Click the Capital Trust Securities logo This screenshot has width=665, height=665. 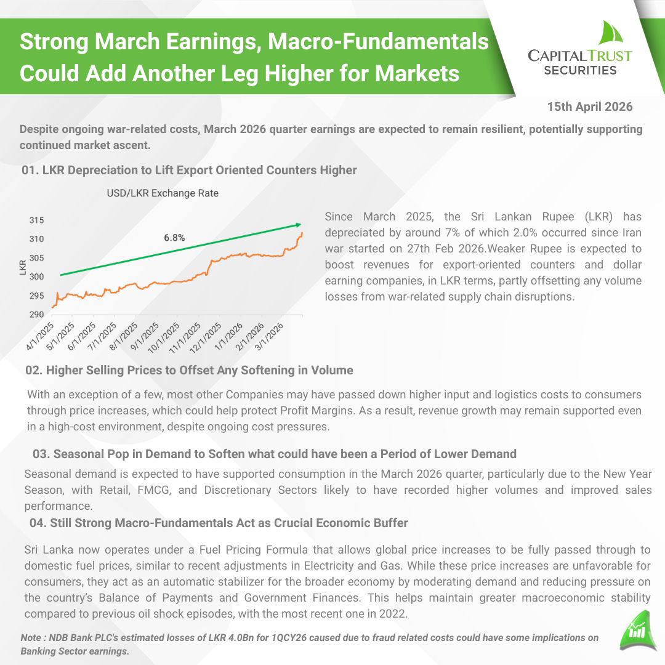pos(579,50)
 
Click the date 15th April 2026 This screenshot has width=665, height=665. pos(589,107)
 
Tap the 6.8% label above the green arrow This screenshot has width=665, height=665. pos(174,237)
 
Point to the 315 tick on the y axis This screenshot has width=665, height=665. pos(37,220)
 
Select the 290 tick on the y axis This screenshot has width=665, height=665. pos(37,315)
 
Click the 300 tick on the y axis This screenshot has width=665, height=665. pos(37,276)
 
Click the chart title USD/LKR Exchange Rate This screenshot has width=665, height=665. pos(163,193)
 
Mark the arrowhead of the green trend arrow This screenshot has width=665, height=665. pos(299,224)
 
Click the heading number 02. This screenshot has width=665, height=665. pos(34,370)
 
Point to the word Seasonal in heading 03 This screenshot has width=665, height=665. pos(76,454)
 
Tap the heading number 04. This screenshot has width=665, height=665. pos(38,523)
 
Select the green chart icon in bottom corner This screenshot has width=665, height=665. pos(634,631)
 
